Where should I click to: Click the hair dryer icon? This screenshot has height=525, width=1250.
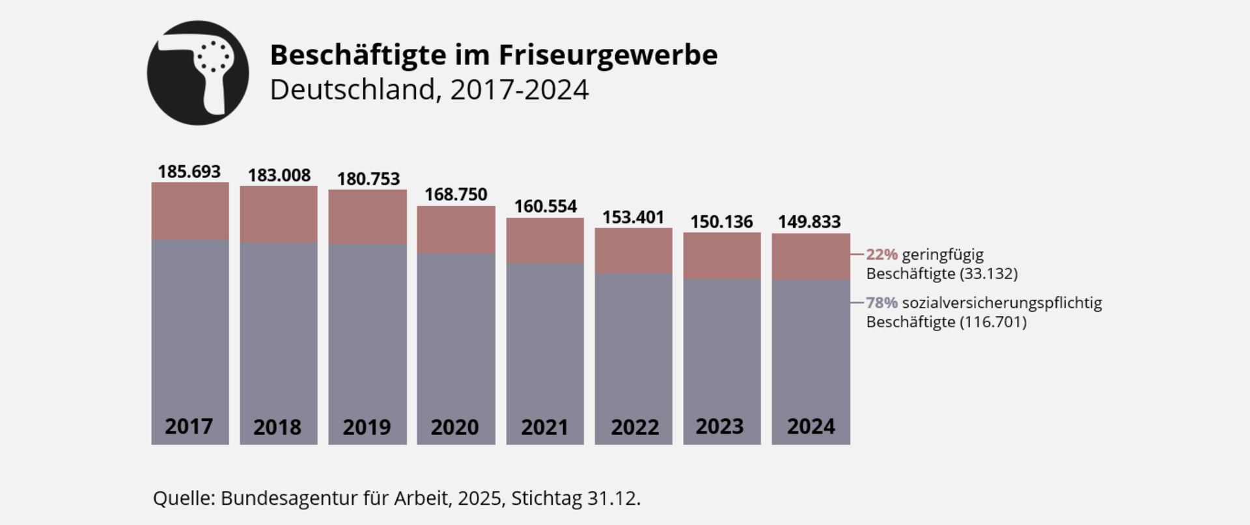click(x=198, y=73)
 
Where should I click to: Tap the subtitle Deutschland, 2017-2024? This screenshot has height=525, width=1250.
click(x=429, y=90)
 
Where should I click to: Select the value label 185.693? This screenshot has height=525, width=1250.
click(x=189, y=172)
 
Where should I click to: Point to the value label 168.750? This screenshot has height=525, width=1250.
click(x=456, y=195)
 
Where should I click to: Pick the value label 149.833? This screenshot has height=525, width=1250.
click(x=809, y=222)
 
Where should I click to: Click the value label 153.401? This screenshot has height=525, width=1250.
click(x=633, y=217)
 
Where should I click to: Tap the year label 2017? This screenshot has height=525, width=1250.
click(x=189, y=427)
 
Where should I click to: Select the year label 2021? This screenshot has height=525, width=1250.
click(x=544, y=427)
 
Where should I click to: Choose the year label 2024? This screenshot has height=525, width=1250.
click(x=811, y=427)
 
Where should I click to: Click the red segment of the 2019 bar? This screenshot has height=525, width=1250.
click(x=367, y=217)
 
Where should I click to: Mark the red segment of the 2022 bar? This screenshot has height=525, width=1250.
click(x=633, y=250)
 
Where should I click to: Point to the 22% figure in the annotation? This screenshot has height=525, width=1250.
click(x=882, y=254)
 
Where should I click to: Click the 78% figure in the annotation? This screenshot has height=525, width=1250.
click(x=882, y=303)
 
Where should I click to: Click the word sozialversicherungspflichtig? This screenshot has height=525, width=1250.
click(x=1002, y=303)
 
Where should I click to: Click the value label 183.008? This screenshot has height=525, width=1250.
click(x=279, y=176)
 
